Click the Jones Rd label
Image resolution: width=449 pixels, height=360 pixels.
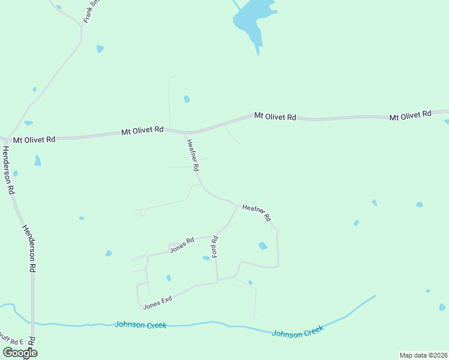click(182, 245)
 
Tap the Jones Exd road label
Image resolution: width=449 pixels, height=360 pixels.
click(158, 302)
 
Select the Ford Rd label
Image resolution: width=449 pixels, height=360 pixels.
click(214, 247)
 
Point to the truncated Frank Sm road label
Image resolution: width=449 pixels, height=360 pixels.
click(91, 11)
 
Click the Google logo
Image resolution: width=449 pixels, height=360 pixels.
click(20, 353)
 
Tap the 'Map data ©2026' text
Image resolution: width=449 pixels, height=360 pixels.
click(423, 355)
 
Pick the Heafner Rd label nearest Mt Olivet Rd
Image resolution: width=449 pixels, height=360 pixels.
click(192, 155)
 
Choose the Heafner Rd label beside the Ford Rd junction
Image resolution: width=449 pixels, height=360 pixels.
click(258, 212)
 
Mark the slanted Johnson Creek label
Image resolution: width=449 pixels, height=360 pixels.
click(297, 331)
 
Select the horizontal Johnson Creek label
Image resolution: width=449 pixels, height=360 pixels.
click(140, 325)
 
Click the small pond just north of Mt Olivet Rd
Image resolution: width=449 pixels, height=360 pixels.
click(187, 99)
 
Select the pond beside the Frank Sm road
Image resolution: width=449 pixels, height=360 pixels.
click(100, 49)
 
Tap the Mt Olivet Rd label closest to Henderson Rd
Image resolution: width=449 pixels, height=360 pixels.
click(34, 139)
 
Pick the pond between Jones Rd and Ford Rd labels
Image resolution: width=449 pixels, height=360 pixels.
click(206, 258)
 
